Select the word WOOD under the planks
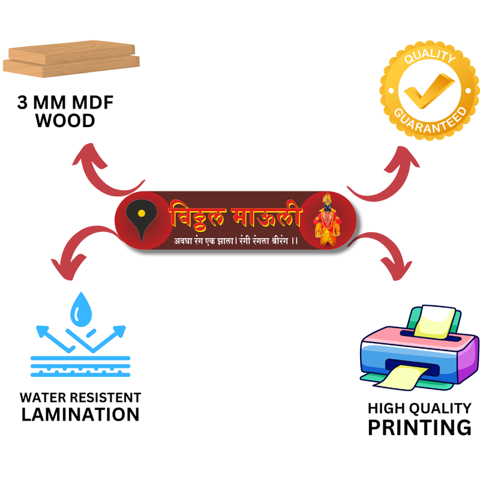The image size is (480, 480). pyautogui.click(x=65, y=121)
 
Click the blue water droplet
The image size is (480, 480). pyautogui.click(x=80, y=308)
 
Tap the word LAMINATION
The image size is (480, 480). pyautogui.click(x=80, y=414)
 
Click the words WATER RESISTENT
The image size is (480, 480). pyautogui.click(x=80, y=398)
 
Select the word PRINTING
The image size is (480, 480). pyautogui.click(x=419, y=428)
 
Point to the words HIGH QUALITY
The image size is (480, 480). pyautogui.click(x=419, y=409)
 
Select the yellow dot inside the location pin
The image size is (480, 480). pyautogui.click(x=141, y=213)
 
